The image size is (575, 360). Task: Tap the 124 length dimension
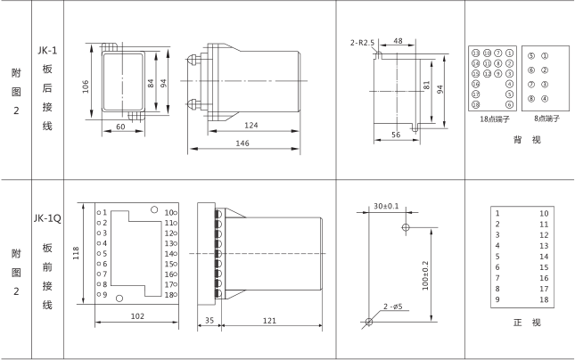click(x=251, y=126)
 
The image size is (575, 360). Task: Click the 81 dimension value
click(x=426, y=87)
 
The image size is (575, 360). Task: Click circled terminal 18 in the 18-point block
click(x=478, y=103)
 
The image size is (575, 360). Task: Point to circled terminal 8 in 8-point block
click(x=531, y=98)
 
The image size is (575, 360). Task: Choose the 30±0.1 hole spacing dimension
click(x=386, y=207)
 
